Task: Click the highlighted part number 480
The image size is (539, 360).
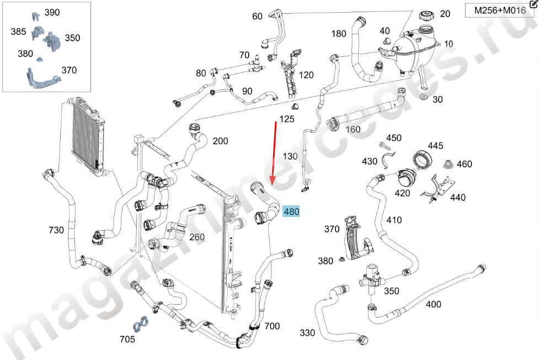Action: point(291,211)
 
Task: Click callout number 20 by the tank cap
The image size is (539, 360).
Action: point(445,14)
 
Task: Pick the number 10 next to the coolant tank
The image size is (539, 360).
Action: point(449,44)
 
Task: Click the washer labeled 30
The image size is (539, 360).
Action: point(423,98)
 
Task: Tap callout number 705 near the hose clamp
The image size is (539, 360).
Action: point(127,339)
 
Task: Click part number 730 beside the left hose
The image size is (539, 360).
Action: point(56,230)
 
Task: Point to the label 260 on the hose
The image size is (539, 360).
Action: point(197,237)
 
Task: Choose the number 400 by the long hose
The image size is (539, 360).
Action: point(434,304)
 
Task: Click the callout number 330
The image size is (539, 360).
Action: point(308,332)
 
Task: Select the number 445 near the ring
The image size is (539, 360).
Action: point(435,146)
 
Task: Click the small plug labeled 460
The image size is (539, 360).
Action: point(449,164)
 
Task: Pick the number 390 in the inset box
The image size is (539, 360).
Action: point(52,12)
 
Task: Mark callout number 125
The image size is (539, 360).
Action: point(287,119)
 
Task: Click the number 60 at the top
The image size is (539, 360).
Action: point(257,16)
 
